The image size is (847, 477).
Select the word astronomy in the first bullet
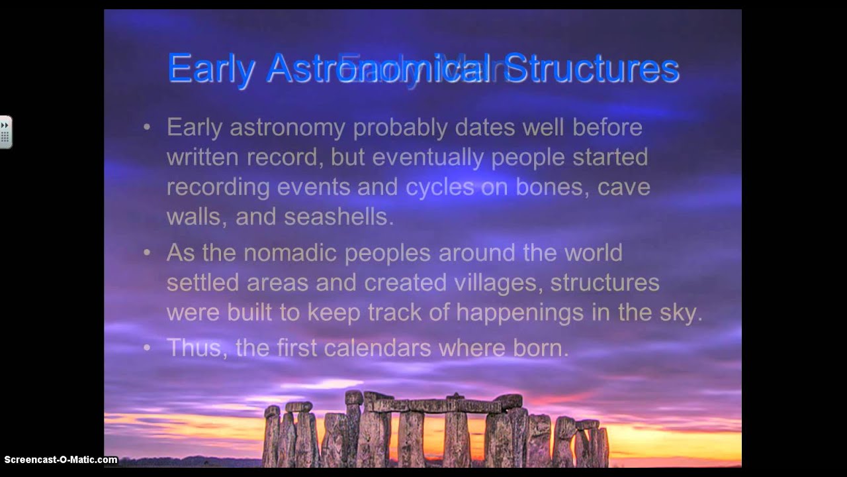[x=287, y=127]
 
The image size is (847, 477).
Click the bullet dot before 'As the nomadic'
[x=147, y=253]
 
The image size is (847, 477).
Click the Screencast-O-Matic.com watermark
[x=61, y=460]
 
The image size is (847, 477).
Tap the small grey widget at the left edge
[x=5, y=132]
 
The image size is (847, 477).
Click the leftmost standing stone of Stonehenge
[x=271, y=437]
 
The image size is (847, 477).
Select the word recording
[x=218, y=187]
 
